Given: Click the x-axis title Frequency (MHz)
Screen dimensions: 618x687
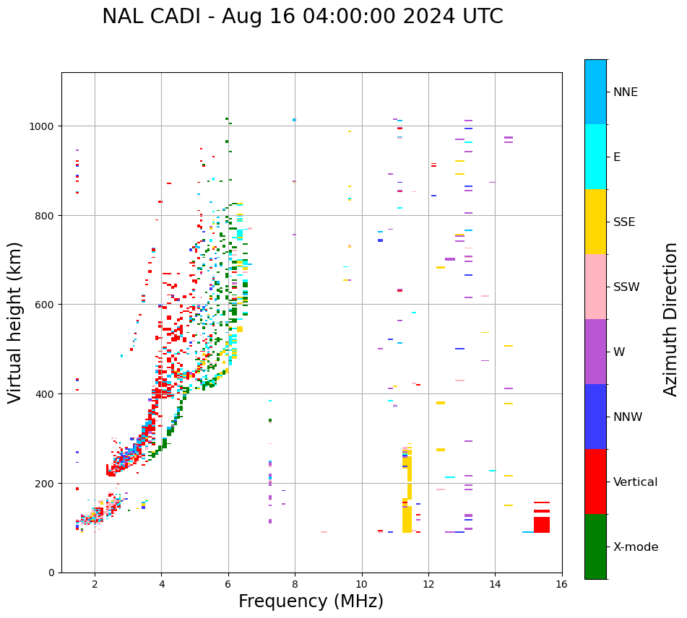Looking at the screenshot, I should point(311,601).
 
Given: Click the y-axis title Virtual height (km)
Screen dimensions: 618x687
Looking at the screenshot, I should point(16,322).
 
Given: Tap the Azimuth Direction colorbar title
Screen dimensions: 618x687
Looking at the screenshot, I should point(671,319).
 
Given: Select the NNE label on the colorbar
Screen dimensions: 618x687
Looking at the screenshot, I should point(626,92).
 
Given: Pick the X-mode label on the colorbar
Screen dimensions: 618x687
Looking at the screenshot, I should point(636,547).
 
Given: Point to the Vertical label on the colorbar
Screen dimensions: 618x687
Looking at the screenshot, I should point(636,482).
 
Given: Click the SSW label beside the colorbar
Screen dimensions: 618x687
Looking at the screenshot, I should point(626,287).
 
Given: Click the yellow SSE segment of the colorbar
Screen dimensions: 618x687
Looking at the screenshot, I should point(595,222).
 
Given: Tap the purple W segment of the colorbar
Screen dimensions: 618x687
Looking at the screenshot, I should point(595,352).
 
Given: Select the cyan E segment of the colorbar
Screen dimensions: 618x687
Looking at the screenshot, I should point(595,157).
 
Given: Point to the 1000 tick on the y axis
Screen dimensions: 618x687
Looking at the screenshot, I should point(43,126).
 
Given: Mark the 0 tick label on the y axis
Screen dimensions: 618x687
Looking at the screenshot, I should point(52,573).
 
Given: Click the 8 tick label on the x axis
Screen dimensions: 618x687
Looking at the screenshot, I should point(295,585).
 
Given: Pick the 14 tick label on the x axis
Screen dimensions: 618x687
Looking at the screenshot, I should point(495,585).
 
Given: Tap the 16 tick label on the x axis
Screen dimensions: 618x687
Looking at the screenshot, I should point(561,585).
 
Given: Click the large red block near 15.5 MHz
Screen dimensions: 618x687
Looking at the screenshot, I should point(542,524).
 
